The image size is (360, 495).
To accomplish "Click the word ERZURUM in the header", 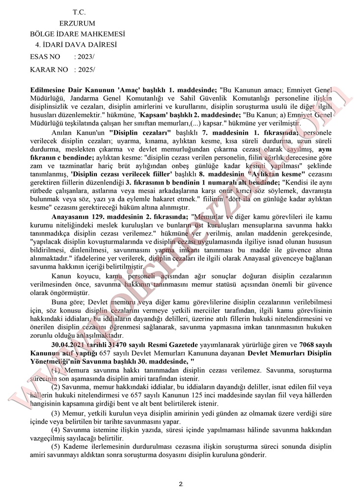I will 77,23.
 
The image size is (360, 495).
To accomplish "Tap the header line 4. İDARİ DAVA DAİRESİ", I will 74,45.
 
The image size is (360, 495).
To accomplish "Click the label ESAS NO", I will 45,57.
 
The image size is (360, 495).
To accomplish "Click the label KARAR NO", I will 49,69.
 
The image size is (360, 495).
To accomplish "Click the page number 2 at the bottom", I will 181,484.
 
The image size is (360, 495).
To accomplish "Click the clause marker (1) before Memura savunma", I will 56,370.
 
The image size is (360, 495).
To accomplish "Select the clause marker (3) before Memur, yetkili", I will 56,413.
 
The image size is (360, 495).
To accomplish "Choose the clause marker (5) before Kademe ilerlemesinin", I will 56,447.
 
